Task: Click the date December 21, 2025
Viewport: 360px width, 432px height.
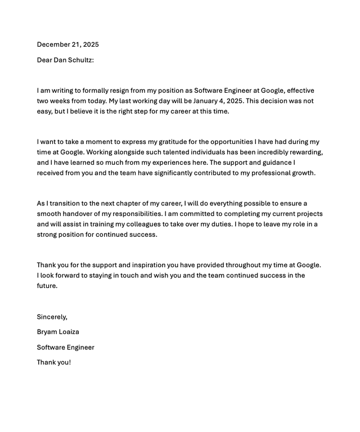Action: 67,44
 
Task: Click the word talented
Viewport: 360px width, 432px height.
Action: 178,152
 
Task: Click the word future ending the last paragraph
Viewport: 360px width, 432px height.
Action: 47,286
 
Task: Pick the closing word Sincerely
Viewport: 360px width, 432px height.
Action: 52,317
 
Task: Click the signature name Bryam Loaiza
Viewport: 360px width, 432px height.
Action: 58,332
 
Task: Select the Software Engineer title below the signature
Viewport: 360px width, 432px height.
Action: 65,348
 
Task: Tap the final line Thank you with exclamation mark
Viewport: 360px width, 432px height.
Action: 54,362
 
